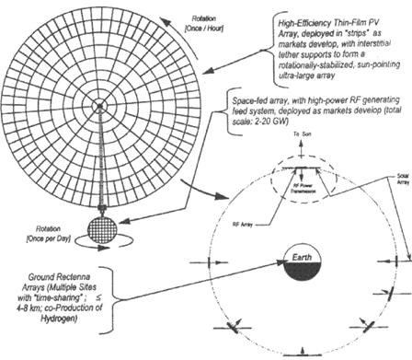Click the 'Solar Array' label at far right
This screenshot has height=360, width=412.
[x=396, y=185]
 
